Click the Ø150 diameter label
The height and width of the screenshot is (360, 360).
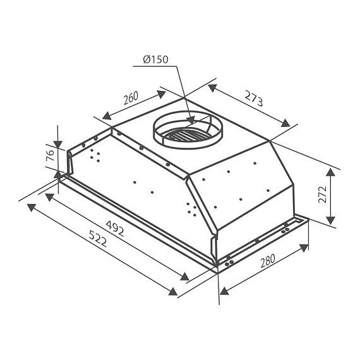coord(155,59)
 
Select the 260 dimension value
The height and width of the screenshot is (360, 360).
coord(131,97)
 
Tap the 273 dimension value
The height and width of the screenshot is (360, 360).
coord(253,99)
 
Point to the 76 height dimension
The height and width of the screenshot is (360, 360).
coord(50,155)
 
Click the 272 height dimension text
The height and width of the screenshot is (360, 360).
coord(322,195)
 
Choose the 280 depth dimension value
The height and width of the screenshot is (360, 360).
coord(268,261)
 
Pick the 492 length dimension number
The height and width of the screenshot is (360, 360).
coord(115,229)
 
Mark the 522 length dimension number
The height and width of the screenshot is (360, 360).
coord(98,239)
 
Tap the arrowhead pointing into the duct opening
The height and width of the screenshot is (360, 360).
coord(191,120)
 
